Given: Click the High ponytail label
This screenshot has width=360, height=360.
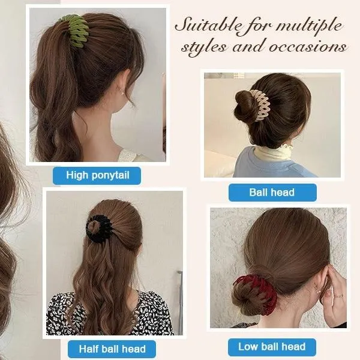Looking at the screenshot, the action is click(97, 176).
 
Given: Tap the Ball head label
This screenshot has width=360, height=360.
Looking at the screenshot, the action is click(272, 193).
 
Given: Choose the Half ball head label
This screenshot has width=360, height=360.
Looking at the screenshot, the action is click(112, 349).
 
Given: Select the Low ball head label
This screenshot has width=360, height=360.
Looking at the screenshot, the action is click(272, 347).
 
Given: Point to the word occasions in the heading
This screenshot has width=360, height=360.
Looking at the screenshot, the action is click(308, 47).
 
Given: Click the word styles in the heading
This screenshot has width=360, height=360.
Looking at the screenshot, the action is click(203, 47).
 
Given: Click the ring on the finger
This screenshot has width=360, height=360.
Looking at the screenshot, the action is click(340, 295).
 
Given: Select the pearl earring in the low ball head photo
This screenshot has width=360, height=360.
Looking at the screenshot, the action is click(319, 292).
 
